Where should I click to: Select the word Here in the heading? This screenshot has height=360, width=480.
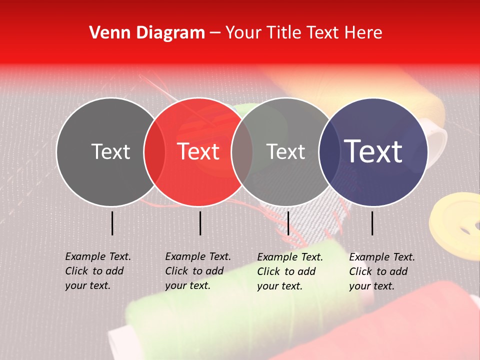(364, 33)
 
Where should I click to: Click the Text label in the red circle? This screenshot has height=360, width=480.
(198, 151)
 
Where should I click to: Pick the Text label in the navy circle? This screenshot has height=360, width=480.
(373, 151)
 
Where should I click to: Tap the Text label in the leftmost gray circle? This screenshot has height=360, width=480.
(111, 151)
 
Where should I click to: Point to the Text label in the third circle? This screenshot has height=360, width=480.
(286, 151)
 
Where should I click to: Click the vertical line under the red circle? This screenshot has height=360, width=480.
(200, 223)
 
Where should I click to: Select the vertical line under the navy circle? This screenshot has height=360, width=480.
(372, 223)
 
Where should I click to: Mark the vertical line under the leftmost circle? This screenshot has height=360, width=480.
(112, 223)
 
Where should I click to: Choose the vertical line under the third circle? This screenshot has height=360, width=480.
(288, 223)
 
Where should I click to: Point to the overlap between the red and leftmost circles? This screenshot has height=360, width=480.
(154, 151)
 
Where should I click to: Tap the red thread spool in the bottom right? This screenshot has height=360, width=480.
(410, 320)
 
